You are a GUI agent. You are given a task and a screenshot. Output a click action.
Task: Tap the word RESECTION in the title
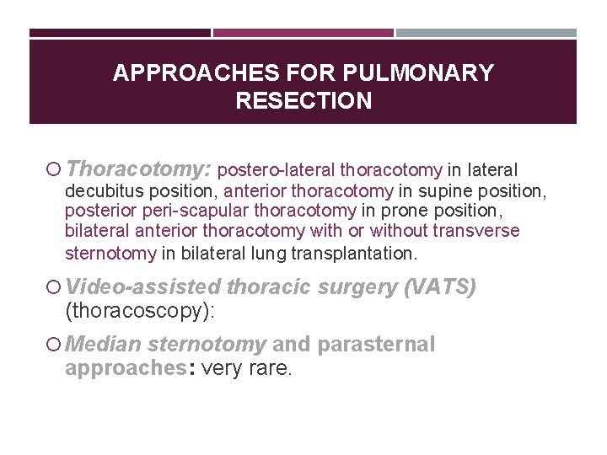click(303, 101)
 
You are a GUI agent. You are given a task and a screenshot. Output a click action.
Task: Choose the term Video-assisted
click(144, 288)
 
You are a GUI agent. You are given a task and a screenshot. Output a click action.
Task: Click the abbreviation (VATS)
click(440, 288)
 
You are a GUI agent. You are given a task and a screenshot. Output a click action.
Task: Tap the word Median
click(103, 345)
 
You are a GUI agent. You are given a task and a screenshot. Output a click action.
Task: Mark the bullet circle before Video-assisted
click(53, 288)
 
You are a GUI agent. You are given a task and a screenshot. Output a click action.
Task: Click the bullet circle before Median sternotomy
click(53, 345)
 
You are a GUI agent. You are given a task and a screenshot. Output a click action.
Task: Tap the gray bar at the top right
click(486, 34)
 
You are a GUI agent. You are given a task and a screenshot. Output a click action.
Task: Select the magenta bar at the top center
click(303, 34)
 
